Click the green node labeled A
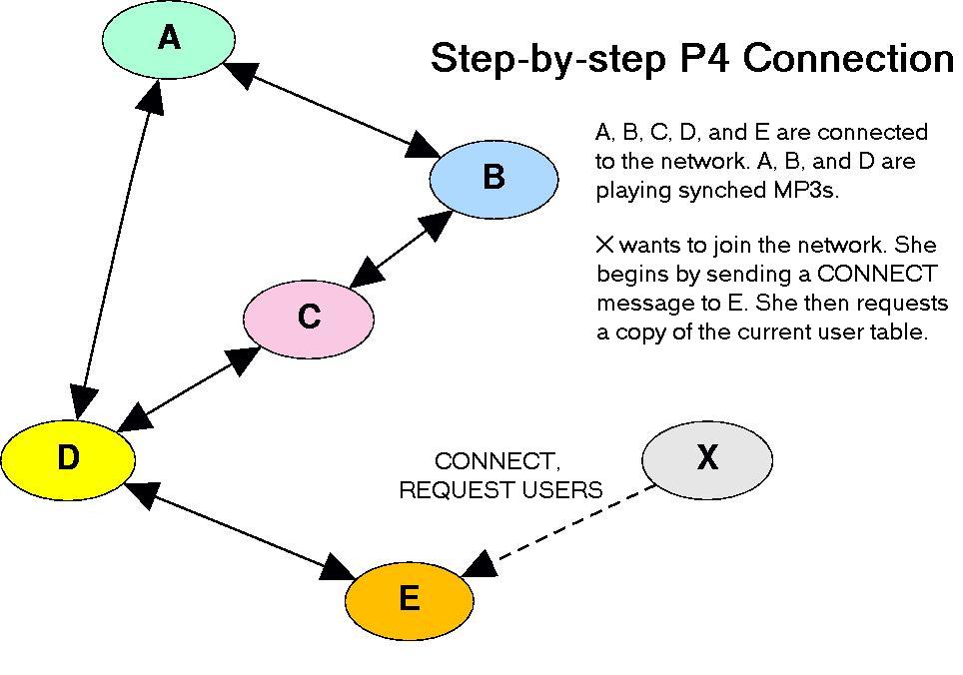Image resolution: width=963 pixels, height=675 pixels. [168, 39]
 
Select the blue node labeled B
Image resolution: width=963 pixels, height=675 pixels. [493, 179]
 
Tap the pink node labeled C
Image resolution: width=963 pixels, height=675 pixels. [309, 320]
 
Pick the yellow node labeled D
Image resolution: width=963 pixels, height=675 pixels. [68, 459]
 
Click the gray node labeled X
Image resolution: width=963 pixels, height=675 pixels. [707, 459]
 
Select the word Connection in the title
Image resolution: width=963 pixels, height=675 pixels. [849, 59]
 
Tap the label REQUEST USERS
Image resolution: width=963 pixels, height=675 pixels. [500, 490]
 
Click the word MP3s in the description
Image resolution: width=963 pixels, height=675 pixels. [805, 191]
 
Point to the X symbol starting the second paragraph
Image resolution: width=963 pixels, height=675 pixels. [605, 245]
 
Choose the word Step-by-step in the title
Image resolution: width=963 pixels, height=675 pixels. [548, 60]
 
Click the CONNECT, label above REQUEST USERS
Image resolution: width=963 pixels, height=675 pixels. [496, 461]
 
